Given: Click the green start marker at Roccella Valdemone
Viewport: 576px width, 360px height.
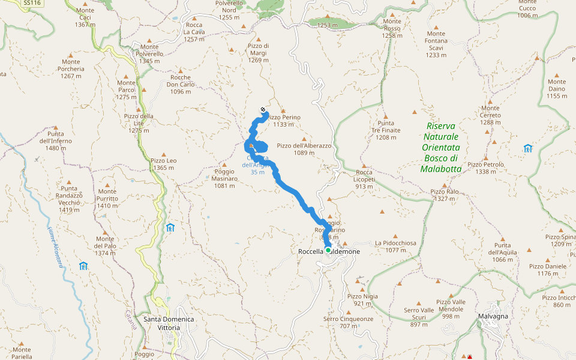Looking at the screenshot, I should tap(328, 250).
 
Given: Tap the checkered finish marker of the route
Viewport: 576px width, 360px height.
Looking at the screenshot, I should tap(263, 109).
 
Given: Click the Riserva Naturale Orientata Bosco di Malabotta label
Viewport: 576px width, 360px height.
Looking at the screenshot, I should tap(441, 148).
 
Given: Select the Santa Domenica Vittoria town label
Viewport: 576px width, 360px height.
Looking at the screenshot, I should tap(169, 323).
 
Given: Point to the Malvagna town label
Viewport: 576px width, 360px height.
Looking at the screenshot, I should tap(493, 316).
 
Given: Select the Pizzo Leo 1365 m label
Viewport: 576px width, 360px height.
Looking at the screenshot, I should tap(163, 164).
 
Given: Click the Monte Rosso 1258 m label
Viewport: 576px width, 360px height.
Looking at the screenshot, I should tap(392, 28).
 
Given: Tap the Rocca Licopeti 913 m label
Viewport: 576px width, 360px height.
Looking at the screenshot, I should tap(365, 179).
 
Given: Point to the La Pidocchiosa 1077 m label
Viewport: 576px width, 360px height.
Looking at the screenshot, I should tap(395, 246).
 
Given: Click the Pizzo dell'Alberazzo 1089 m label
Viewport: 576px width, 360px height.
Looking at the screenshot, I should tap(304, 149).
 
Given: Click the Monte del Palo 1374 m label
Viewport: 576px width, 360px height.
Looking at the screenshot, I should tap(104, 246).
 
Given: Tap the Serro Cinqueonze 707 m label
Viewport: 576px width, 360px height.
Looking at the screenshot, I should tap(348, 322).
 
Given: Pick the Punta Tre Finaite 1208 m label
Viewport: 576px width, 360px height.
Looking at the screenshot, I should tap(386, 130).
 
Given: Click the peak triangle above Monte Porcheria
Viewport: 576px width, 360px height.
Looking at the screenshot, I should tap(70, 55).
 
